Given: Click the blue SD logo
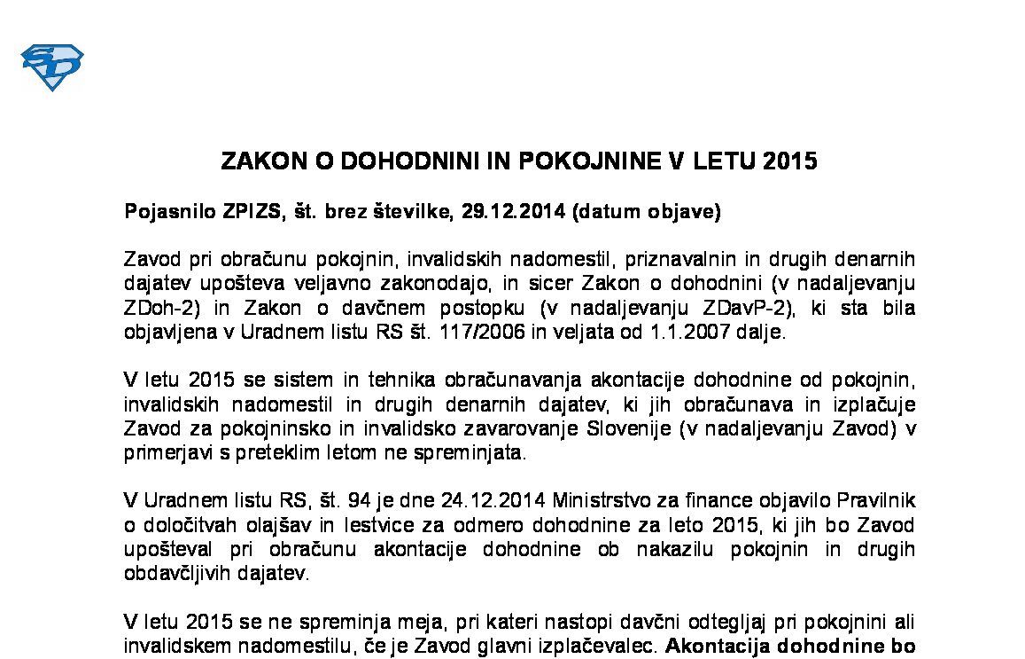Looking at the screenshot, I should coord(51,67).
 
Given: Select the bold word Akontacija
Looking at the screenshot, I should coord(712,646).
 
